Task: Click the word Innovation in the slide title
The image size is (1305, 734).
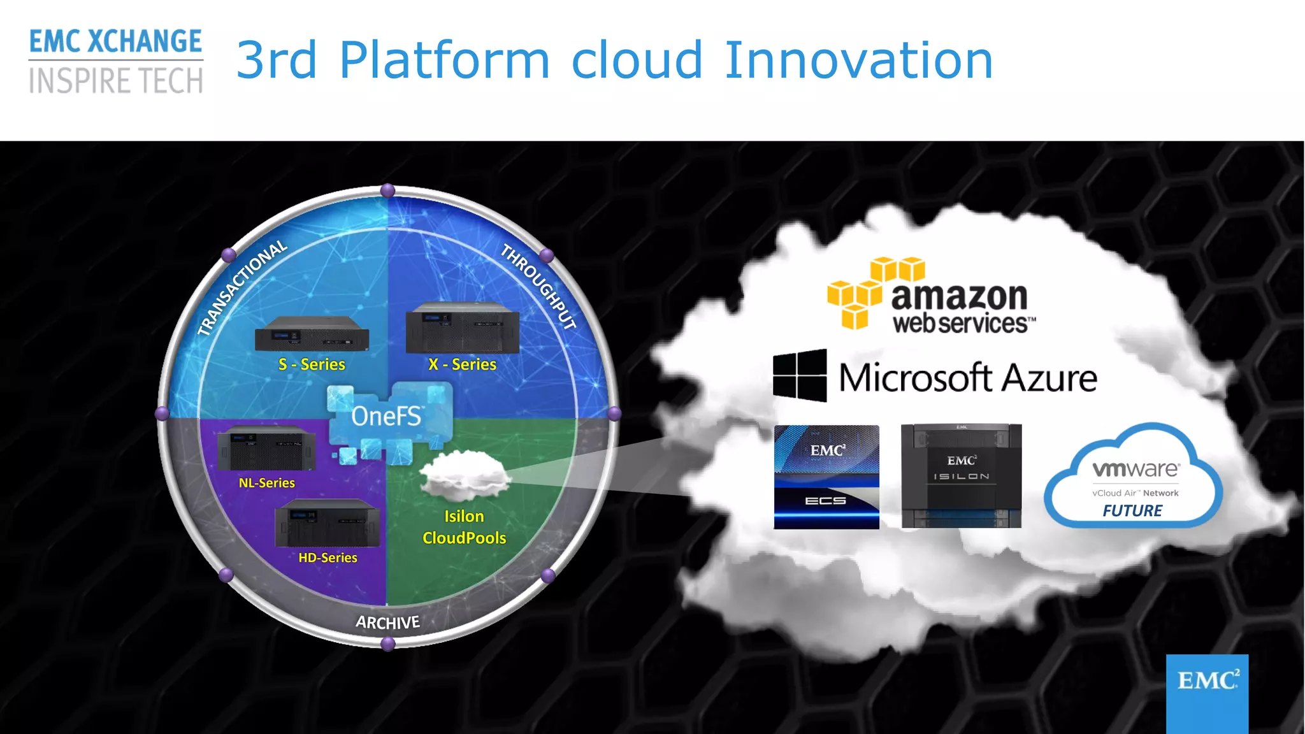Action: click(x=858, y=60)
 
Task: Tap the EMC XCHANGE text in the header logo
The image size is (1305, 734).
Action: click(x=115, y=42)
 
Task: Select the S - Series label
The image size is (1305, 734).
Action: click(x=312, y=364)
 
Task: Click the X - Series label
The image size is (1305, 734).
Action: click(x=462, y=364)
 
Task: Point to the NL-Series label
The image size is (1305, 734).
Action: click(x=266, y=483)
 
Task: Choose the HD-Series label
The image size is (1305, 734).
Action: click(x=328, y=558)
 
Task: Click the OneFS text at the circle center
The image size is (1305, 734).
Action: click(x=386, y=417)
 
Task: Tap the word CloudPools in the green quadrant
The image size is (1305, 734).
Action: click(x=464, y=538)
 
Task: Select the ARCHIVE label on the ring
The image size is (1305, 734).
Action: click(x=387, y=622)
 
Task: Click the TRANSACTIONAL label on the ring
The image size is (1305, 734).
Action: click(x=242, y=287)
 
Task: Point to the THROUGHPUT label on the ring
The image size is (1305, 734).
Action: click(x=539, y=287)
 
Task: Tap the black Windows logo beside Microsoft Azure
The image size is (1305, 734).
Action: click(x=800, y=375)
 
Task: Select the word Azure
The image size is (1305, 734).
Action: click(x=1049, y=378)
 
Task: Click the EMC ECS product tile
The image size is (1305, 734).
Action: click(x=826, y=477)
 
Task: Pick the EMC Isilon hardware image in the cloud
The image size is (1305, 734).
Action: click(x=961, y=476)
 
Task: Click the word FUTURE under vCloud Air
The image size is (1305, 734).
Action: click(x=1132, y=511)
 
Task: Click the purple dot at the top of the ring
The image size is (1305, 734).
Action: click(x=387, y=191)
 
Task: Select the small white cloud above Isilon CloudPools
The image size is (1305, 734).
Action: click(x=465, y=475)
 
